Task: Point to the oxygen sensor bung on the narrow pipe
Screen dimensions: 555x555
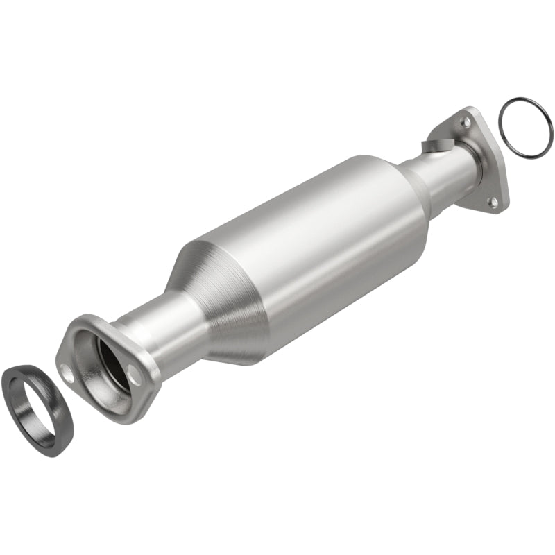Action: tap(432, 146)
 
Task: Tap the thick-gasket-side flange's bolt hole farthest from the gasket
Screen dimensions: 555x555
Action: tap(135, 373)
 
